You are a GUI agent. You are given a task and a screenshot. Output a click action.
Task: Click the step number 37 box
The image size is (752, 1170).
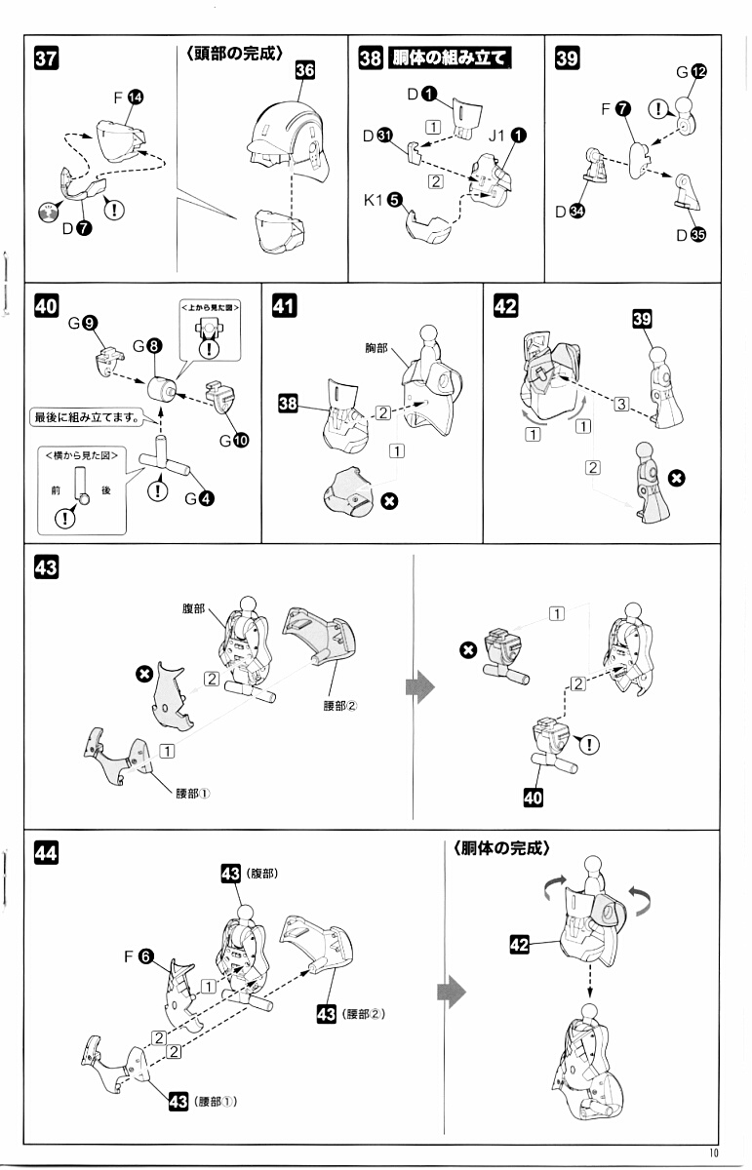[x=46, y=58]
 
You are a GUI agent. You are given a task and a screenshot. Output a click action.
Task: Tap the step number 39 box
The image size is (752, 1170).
[x=566, y=58]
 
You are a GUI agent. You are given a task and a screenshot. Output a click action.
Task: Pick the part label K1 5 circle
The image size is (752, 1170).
[x=394, y=200]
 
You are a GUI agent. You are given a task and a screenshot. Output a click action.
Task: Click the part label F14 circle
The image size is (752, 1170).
[x=136, y=97]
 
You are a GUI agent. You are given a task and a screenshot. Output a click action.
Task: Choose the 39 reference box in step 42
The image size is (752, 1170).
[x=642, y=321]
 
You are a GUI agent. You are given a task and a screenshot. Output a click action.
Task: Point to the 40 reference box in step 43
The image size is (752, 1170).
[x=533, y=799]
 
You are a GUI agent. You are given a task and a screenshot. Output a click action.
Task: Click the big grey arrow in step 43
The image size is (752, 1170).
[x=419, y=689]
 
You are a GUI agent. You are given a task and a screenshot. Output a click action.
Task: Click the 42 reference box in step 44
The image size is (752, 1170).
[x=519, y=943]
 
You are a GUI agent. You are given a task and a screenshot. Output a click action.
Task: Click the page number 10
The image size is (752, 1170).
[x=715, y=1152]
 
